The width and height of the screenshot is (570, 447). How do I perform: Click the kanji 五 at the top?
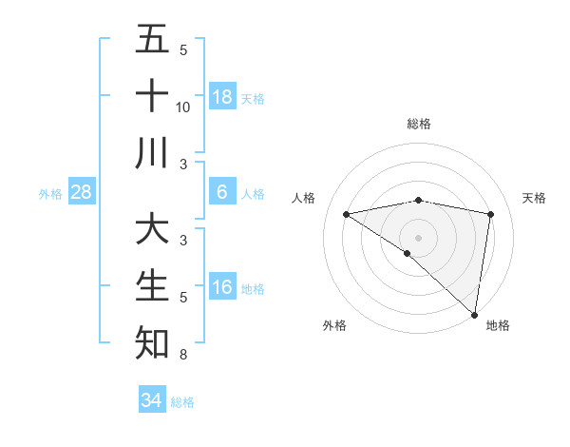point(153,40)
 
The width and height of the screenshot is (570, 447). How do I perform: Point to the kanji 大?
point(153,230)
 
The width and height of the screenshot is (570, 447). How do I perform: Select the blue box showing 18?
point(222,96)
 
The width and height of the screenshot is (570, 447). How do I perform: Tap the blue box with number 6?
point(222,192)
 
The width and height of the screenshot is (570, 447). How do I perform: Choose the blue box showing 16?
point(222,287)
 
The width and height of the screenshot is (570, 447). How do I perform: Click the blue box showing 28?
point(82,192)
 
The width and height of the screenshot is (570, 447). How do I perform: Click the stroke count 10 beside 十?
point(183,107)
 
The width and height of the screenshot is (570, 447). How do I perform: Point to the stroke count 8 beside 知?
point(183,355)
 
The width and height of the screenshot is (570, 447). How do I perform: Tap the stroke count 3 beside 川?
point(183,165)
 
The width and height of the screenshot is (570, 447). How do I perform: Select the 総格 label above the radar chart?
point(418,124)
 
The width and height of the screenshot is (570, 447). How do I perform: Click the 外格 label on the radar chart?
point(334,325)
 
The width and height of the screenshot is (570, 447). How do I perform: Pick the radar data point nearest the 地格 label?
point(474,315)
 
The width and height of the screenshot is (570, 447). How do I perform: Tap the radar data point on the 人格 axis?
point(346,214)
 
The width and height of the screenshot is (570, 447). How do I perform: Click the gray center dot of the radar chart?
point(418,236)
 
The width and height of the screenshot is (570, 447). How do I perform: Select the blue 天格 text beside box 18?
point(253,98)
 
